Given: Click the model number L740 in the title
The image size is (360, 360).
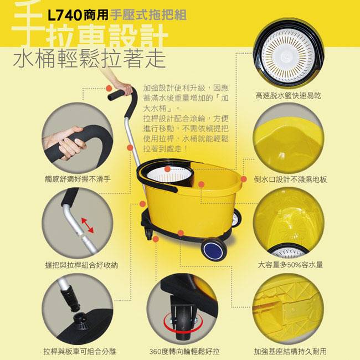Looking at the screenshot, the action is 64,16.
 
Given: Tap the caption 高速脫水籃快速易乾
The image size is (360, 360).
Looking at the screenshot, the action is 288,95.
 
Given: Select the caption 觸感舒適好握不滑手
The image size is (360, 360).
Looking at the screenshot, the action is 78,179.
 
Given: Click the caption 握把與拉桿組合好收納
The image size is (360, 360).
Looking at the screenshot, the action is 81,265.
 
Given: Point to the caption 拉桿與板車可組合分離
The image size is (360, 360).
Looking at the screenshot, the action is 80,351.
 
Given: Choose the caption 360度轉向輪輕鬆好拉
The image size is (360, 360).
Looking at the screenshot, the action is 184,351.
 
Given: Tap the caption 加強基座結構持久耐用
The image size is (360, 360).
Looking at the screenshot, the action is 290,351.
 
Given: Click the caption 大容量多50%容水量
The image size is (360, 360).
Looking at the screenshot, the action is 290,265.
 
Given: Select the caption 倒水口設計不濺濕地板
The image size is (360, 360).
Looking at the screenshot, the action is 290,179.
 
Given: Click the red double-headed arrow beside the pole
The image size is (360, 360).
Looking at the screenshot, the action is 88,225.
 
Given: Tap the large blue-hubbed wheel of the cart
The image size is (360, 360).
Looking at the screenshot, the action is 214,250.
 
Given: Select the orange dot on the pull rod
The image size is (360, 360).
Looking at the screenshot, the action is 130,147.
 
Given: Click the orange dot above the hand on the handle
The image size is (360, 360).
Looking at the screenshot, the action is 109,88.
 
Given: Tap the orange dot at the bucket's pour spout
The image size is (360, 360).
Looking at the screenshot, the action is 244,179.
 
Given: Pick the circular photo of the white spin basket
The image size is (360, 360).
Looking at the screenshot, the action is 289,53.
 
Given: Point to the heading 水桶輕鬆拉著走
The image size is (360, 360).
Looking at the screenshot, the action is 90,59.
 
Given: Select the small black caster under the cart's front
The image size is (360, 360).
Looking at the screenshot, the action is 149,233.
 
